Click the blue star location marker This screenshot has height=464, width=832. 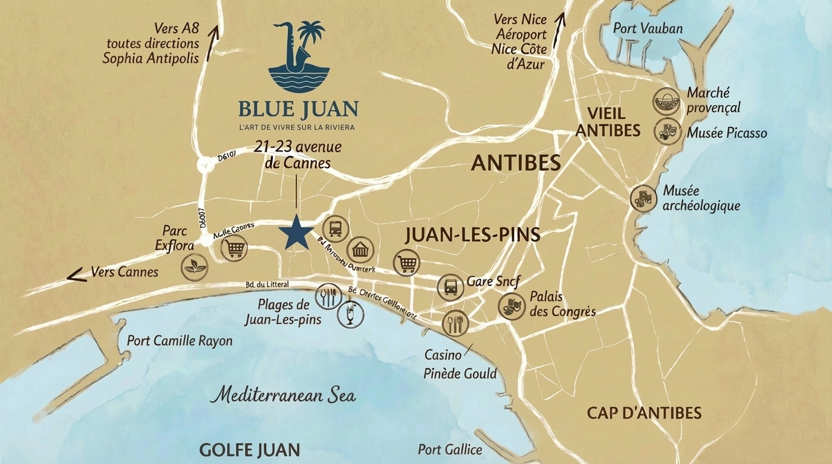point(296,232)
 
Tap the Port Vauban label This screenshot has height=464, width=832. point(648,28)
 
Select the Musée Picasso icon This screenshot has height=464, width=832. point(667,131)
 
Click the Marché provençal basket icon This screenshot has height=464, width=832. point(666,101)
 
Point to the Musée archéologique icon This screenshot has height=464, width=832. point(643,198)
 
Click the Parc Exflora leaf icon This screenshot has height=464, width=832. point(195,267)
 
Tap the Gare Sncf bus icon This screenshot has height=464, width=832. point(450,287)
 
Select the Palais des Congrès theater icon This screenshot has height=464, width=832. point(512,306)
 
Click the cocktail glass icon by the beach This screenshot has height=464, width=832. point(350,314)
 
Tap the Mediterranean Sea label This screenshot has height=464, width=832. point(283,396)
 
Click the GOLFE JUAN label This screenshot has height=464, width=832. point(249,450)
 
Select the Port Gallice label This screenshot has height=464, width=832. point(450,449)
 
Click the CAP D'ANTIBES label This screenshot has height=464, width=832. point(644,413)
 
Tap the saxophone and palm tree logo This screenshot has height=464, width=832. point(299,55)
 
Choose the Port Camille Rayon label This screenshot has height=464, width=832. point(180,341)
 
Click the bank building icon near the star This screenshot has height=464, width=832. point(360,250)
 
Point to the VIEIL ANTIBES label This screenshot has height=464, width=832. point(608,121)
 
